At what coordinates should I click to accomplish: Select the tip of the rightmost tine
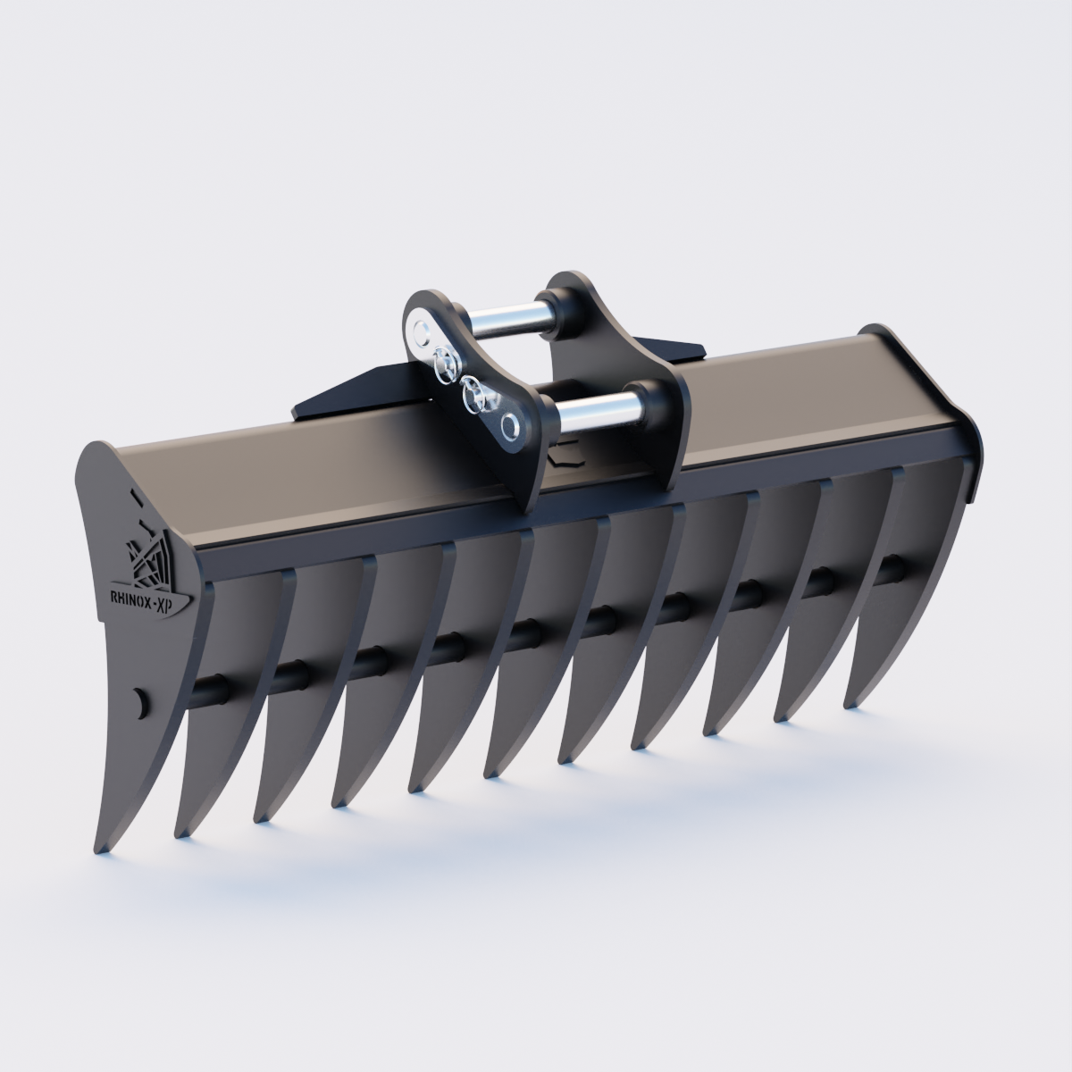[x=850, y=705]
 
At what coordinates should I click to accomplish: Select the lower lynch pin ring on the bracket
[x=472, y=393]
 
